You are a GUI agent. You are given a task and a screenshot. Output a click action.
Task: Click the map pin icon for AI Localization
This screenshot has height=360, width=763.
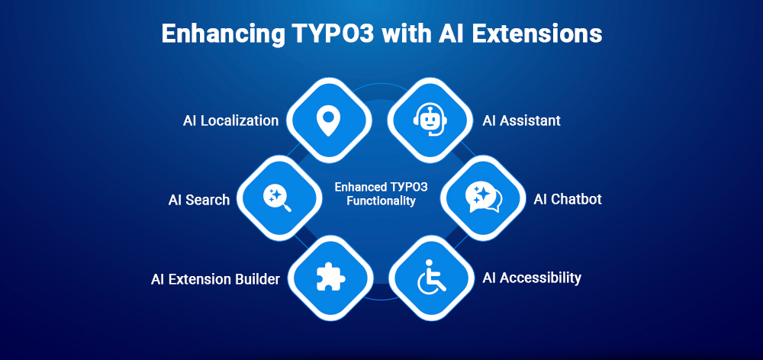tap(329, 120)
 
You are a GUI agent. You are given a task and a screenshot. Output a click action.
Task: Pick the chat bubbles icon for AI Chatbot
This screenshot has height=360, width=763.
tap(484, 198)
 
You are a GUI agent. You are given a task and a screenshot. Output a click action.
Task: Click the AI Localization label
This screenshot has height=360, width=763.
tap(230, 121)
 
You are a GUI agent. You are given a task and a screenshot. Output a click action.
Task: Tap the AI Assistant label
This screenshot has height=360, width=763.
tap(522, 121)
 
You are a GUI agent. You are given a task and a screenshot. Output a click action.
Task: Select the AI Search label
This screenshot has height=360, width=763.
tap(198, 200)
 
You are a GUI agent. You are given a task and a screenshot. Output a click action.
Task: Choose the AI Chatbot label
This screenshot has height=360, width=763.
tap(568, 199)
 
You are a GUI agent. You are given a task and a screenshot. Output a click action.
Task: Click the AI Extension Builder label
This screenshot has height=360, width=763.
tap(215, 279)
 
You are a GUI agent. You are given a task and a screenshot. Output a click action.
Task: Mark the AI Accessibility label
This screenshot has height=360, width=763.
tap(532, 278)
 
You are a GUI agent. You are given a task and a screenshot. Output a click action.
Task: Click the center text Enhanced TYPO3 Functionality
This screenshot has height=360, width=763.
tap(379, 194)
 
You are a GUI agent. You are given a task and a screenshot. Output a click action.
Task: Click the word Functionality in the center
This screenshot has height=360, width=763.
tap(379, 201)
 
